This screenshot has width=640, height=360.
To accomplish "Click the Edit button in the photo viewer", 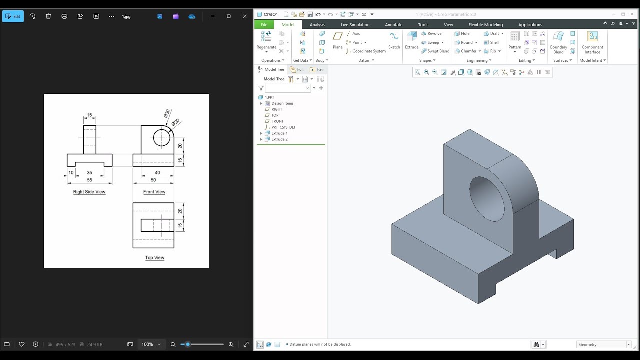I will coord(13,16).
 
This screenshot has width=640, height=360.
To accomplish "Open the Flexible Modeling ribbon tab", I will coord(485,25).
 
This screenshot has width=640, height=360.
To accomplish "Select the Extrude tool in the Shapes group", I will coord(411,40).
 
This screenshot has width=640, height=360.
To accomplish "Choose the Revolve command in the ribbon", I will coord(431,34).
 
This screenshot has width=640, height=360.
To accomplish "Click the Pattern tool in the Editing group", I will coord(514,40).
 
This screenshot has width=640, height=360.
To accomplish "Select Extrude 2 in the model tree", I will coord(279,139).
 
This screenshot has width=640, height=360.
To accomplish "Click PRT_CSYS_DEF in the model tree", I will coord(283,127).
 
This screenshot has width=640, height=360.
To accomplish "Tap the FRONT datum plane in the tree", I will coord(277,121).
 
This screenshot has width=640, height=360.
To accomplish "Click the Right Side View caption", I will coord(89,192).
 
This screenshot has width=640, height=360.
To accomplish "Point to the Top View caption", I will coord(154,258).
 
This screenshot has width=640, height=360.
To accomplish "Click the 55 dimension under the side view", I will coord(89,180).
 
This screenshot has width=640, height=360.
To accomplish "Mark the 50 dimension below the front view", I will coord(153,180).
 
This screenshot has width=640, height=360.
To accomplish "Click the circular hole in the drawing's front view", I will coord(161,138).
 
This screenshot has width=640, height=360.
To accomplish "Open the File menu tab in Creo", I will coord(264,25).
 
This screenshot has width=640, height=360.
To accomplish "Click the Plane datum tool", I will coord(338,40).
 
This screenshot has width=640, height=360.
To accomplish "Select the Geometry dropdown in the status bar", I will coord(604,344).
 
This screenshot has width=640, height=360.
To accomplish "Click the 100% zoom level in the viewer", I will coord(147,344).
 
